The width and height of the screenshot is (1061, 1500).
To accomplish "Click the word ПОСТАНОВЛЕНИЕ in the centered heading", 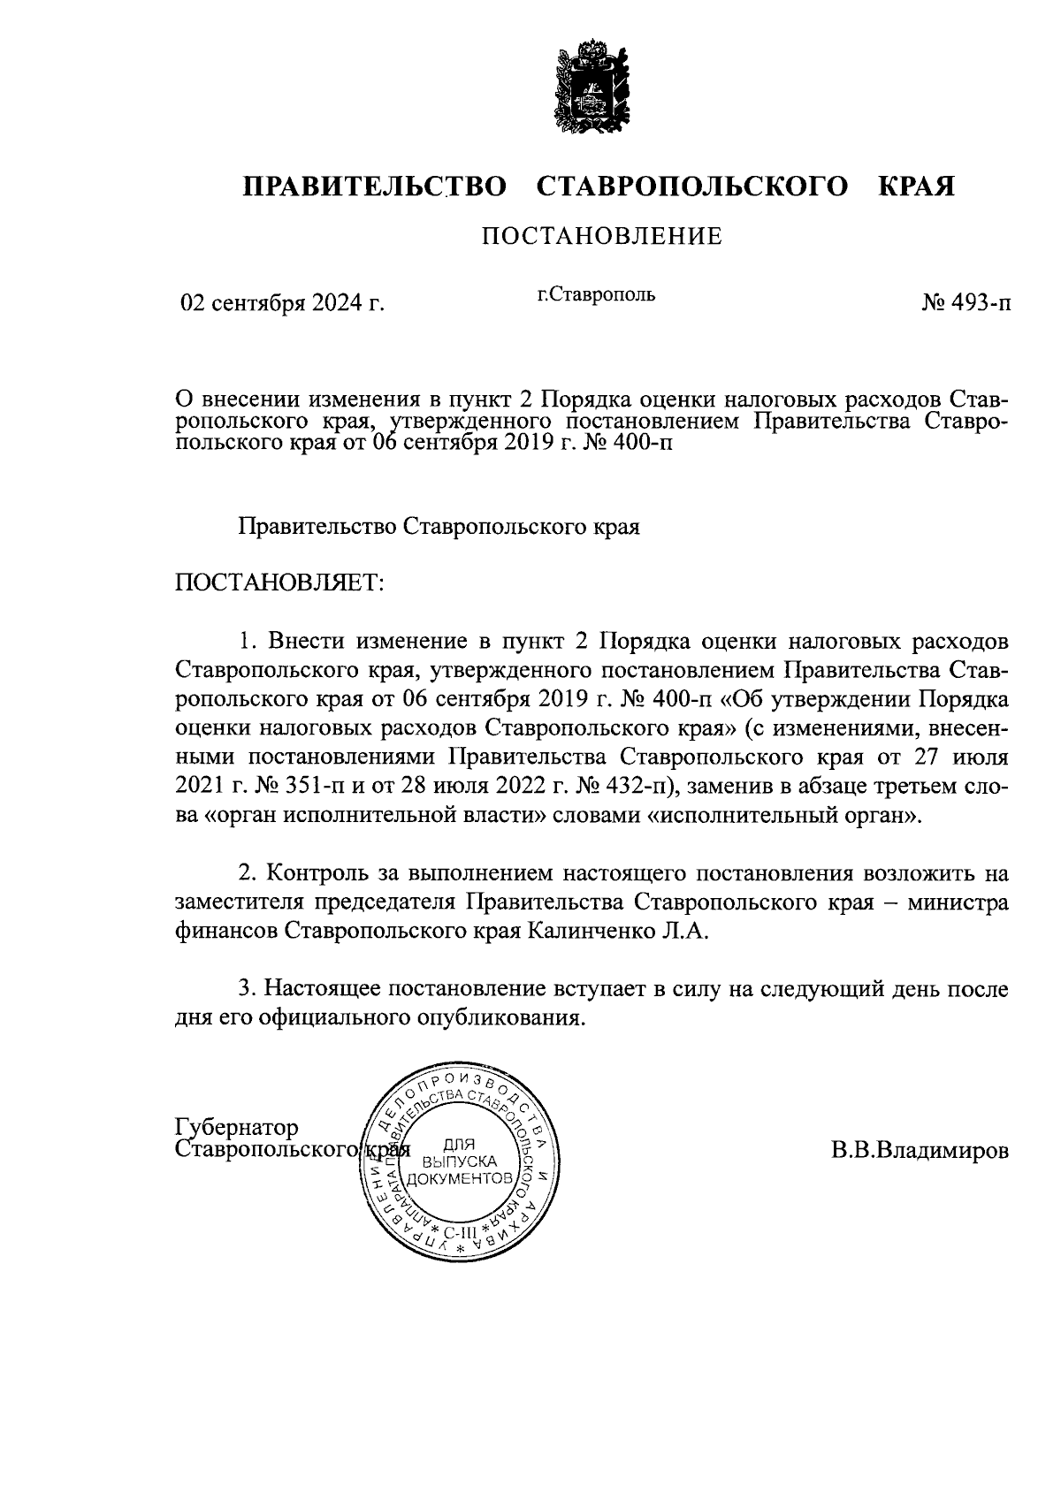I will [601, 236].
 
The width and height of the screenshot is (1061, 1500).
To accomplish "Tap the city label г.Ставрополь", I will [597, 294].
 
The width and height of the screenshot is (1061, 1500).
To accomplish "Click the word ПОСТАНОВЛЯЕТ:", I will [280, 582].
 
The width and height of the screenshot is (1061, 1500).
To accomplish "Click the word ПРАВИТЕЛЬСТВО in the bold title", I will [376, 187].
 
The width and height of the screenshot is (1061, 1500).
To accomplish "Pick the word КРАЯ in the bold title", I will [916, 187].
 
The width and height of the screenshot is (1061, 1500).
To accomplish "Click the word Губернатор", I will [237, 1128].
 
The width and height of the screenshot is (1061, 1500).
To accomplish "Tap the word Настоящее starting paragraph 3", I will [323, 988].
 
